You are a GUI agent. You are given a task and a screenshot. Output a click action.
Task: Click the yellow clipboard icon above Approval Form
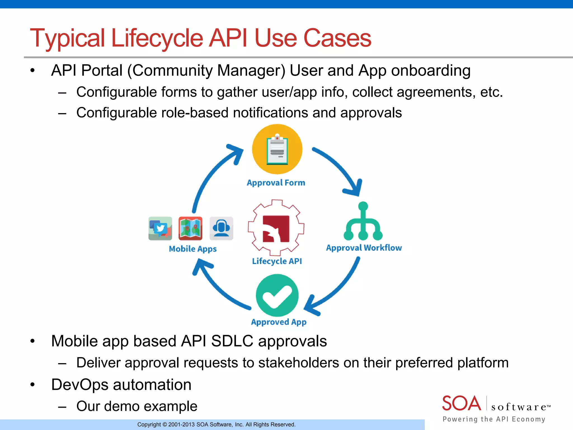[x=277, y=149]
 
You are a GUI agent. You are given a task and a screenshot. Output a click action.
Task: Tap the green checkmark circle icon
[x=277, y=296]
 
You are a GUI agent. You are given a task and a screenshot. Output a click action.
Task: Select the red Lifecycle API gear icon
[x=276, y=228]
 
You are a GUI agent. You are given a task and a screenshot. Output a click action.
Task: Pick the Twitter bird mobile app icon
[x=160, y=228]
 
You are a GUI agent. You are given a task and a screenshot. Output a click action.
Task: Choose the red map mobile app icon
[x=190, y=228]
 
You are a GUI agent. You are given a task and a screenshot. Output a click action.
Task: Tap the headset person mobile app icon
[x=221, y=228]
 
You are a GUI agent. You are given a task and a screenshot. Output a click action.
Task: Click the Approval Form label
[x=276, y=183]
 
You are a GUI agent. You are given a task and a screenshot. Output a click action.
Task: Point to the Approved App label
[x=279, y=322]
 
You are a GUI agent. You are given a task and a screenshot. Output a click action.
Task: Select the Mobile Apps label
[x=193, y=249]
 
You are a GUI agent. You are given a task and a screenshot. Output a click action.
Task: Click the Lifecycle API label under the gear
[x=277, y=261]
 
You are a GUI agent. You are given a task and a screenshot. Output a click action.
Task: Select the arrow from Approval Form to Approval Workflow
[x=341, y=168]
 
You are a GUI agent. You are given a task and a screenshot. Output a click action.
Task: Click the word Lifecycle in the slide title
[x=157, y=38]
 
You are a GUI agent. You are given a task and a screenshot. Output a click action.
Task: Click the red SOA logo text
[x=461, y=403]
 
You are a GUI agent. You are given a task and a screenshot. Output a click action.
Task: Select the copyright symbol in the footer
[x=165, y=425]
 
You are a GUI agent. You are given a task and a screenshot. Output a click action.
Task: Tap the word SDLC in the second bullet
[x=232, y=341]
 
